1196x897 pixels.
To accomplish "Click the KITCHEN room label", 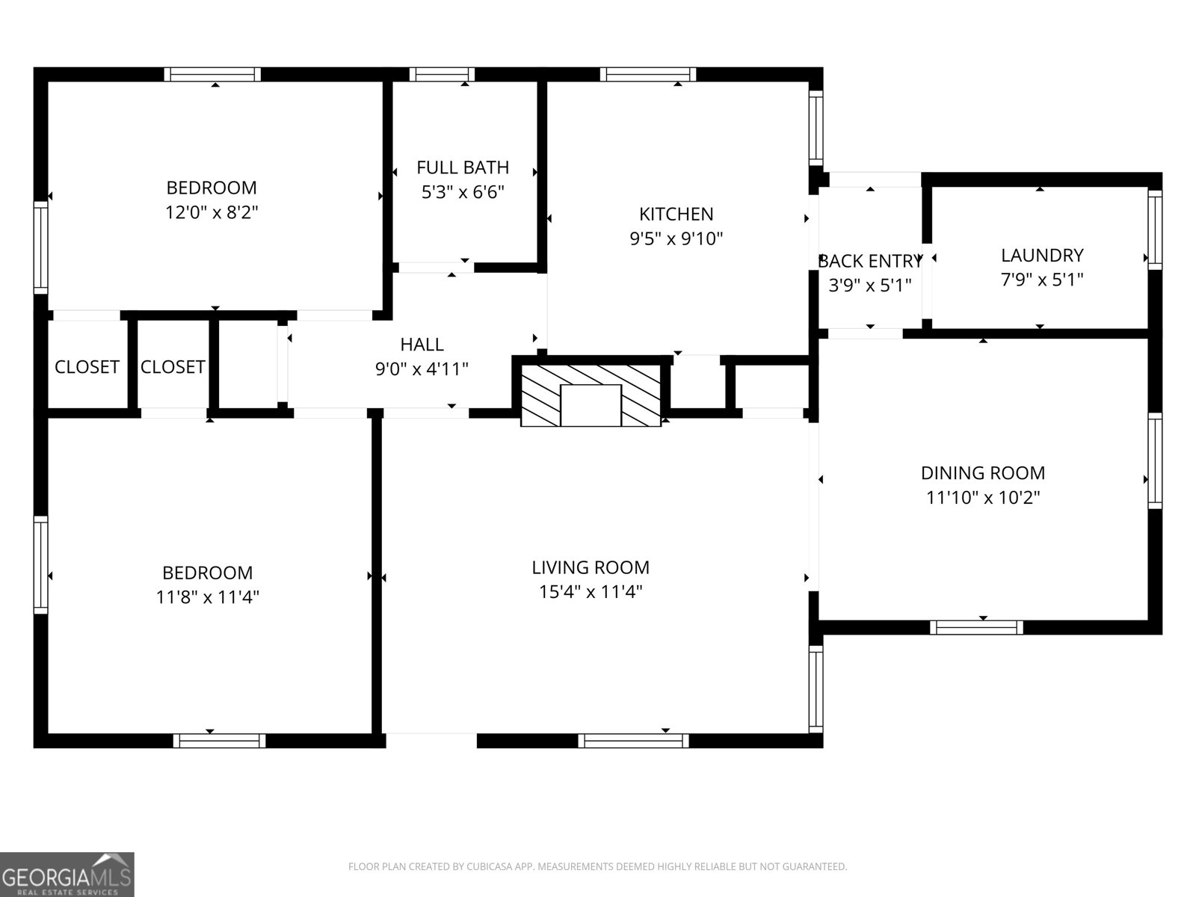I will [x=676, y=215].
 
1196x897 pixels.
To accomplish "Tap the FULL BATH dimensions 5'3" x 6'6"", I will [x=463, y=192].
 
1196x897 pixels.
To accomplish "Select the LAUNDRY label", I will [x=1041, y=255].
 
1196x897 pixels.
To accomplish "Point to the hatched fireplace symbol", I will [x=591, y=395].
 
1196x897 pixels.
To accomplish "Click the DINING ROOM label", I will [x=982, y=472].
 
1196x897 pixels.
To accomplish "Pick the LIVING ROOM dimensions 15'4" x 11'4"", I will [x=591, y=592].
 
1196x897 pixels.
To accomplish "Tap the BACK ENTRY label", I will [x=869, y=262].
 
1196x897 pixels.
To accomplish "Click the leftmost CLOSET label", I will [x=87, y=367].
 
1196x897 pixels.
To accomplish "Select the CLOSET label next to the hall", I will [x=173, y=367].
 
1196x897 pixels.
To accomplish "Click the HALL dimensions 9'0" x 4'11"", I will [x=422, y=369].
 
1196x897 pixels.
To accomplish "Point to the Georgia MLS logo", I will [x=67, y=875].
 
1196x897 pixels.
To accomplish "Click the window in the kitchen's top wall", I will [x=647, y=74].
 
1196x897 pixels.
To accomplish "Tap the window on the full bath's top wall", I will [x=442, y=74].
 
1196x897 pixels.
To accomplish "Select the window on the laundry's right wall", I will [x=1155, y=229].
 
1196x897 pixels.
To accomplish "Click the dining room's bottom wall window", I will [x=976, y=627].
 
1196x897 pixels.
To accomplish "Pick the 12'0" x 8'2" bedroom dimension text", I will [x=212, y=212].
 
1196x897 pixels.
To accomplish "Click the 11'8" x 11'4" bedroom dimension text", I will [x=207, y=597].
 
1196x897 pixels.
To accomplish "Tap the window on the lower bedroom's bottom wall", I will [x=220, y=740].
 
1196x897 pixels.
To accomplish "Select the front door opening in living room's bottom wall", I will [x=431, y=740].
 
